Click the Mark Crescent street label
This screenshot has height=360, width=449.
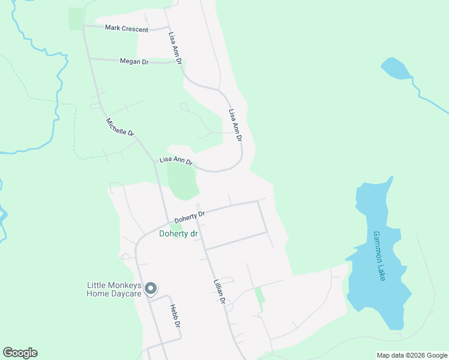tap(126, 28)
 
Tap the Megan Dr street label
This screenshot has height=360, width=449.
tap(134, 61)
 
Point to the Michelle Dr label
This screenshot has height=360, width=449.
tap(120, 127)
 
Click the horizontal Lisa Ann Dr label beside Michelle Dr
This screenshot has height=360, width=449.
tap(175, 161)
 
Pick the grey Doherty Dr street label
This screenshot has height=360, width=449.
tap(190, 217)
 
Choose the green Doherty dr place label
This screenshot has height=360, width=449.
tap(178, 233)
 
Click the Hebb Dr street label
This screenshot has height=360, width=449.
tap(175, 317)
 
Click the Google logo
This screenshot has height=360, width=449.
tap(20, 353)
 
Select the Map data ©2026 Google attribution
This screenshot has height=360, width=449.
tap(412, 355)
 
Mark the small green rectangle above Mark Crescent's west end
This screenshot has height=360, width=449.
tap(76, 18)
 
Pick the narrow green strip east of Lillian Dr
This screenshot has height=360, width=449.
tap(259, 298)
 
